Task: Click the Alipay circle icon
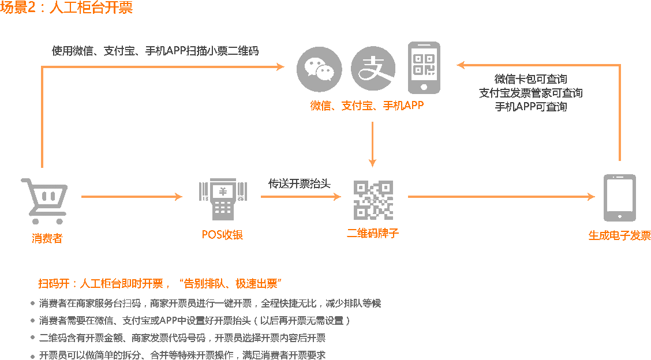point(373,69)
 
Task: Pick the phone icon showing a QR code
point(424,67)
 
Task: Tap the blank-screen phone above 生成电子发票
point(620,198)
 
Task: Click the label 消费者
point(47,238)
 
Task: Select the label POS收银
point(222,235)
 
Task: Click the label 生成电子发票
point(619,235)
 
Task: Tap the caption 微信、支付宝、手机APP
point(367,106)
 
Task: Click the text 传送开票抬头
point(300,183)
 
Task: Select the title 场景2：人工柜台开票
point(67,8)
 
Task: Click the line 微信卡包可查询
point(531,79)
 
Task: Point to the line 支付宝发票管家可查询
point(531,93)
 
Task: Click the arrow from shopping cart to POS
point(132,197)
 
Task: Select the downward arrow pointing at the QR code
point(373,144)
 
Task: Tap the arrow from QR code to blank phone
point(501,197)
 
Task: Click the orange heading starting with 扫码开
point(159,284)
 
